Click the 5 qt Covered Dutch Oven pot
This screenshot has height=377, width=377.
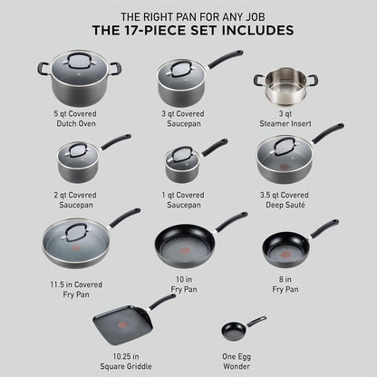(78, 80)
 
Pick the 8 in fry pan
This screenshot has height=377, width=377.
(285, 244)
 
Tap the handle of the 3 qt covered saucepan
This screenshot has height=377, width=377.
(225, 58)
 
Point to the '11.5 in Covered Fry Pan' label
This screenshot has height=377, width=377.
(77, 289)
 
